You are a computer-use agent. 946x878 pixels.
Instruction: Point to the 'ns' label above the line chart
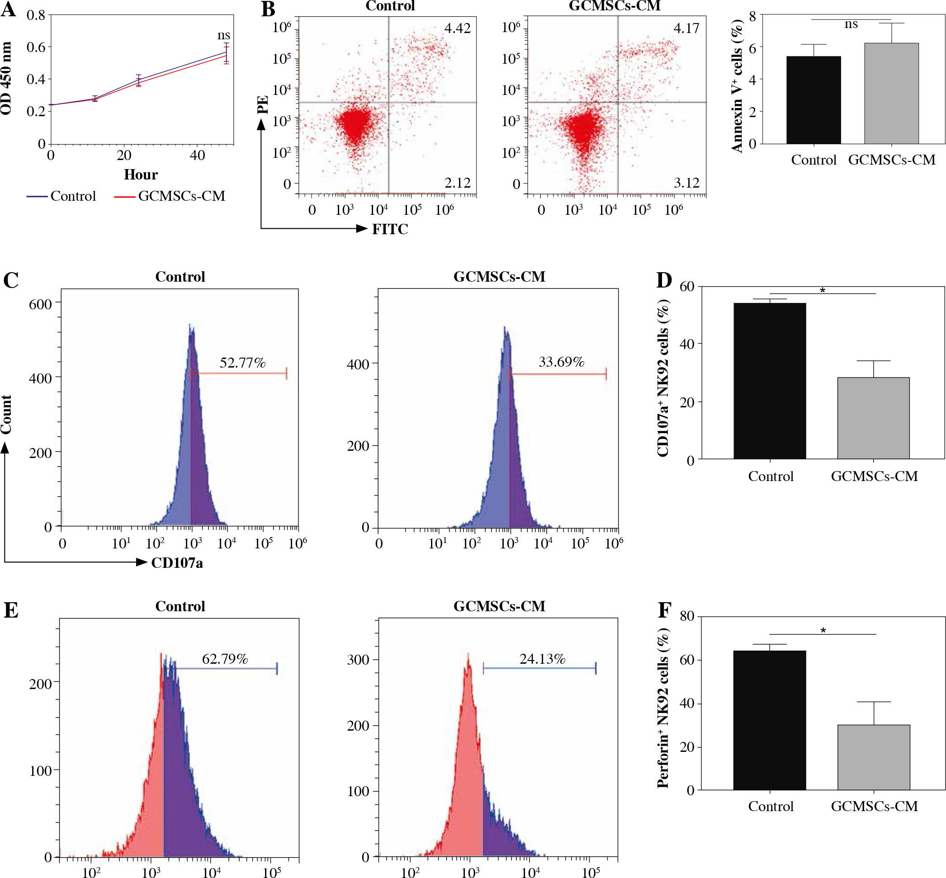[x=224, y=35]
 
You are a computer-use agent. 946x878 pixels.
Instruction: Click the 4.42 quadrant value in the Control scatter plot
[x=457, y=28]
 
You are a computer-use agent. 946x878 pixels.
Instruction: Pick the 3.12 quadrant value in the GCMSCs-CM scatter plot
[x=686, y=183]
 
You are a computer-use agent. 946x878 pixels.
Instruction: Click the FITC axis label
[x=390, y=230]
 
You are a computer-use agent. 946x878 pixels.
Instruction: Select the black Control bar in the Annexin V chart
[x=814, y=100]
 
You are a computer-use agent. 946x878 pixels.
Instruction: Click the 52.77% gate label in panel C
[x=242, y=363]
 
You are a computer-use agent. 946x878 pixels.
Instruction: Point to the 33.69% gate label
[x=561, y=362]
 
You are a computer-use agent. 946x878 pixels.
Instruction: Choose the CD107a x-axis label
[x=177, y=563]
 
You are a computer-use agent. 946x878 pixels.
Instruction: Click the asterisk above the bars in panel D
[x=823, y=291]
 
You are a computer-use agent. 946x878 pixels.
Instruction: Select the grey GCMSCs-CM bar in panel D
[x=873, y=418]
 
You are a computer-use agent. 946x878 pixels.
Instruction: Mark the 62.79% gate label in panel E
[x=225, y=659]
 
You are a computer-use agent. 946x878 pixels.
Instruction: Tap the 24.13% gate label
[x=542, y=659]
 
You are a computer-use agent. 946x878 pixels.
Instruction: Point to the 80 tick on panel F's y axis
[x=687, y=616]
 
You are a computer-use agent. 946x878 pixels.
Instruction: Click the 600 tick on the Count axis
[x=40, y=304]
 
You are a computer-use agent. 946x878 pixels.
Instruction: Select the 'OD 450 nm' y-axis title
[x=7, y=78]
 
